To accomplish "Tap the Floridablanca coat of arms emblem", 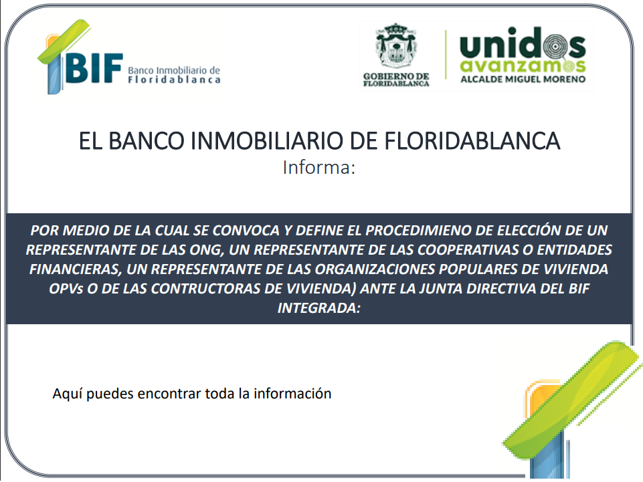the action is point(396,46).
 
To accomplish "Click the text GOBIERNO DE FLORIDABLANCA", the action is point(396,80).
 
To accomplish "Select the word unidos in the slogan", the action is point(523,43).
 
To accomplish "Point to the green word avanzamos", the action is point(523,65).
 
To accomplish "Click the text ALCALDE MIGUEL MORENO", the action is point(523,79).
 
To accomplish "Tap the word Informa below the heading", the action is point(319,168).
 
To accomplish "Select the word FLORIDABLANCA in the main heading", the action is point(472,141).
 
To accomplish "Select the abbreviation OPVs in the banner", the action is point(66,289).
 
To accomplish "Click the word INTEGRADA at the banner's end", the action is point(319,308).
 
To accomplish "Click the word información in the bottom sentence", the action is point(292,394).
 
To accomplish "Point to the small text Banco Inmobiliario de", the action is point(174,70).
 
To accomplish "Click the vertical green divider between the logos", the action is point(446,55).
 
